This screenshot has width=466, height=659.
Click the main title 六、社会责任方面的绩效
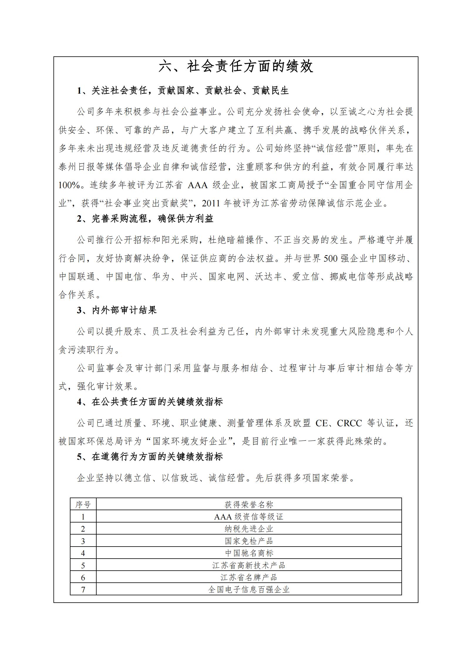pyautogui.click(x=236, y=67)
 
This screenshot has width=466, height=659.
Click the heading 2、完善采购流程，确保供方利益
pyautogui.click(x=145, y=219)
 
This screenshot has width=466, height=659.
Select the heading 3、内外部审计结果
pyautogui.click(x=117, y=310)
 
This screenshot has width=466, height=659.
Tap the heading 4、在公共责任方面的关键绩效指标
pyautogui.click(x=150, y=402)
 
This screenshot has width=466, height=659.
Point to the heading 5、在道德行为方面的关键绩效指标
pyautogui.click(x=150, y=457)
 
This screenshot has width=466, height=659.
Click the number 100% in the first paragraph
pyautogui.click(x=69, y=186)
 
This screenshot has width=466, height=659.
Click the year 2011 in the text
pyautogui.click(x=211, y=203)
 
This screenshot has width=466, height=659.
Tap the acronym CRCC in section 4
pyautogui.click(x=349, y=423)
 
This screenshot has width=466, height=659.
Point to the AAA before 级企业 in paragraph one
pyautogui.click(x=197, y=186)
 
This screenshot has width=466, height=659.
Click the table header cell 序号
pyautogui.click(x=83, y=505)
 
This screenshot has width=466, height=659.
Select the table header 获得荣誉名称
pyautogui.click(x=249, y=505)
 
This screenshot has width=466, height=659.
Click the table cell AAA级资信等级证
pyautogui.click(x=249, y=517)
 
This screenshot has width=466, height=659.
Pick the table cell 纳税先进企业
pyautogui.click(x=249, y=529)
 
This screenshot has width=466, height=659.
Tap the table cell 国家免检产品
pyautogui.click(x=249, y=541)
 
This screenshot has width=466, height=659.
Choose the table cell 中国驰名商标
pyautogui.click(x=249, y=553)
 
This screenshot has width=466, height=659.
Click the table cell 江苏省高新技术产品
pyautogui.click(x=249, y=565)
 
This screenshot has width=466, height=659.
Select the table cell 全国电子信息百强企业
pyautogui.click(x=249, y=589)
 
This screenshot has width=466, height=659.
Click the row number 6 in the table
pyautogui.click(x=83, y=578)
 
